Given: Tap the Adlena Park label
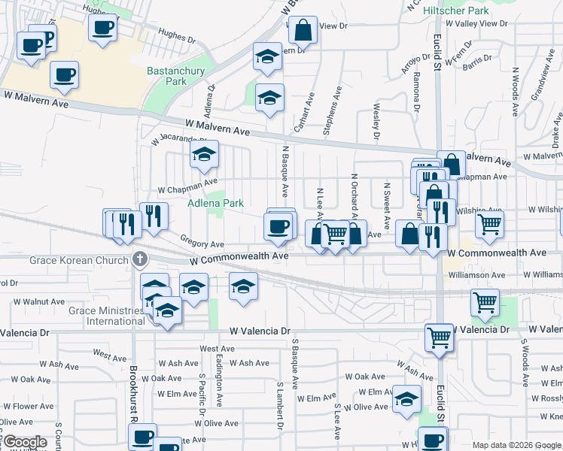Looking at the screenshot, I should click(x=215, y=203).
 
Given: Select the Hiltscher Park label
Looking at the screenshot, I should click(x=456, y=11).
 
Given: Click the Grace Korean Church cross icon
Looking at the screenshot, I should click(x=138, y=260).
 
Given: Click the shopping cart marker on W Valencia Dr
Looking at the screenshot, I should click(x=439, y=336).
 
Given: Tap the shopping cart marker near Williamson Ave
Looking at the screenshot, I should click(x=485, y=301).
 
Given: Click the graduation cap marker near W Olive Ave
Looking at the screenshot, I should click(x=406, y=398).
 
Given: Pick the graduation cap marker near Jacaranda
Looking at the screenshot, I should click(x=203, y=154).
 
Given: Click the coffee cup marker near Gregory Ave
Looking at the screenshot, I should click(x=278, y=225).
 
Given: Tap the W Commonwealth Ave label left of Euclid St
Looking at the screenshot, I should click(x=239, y=257).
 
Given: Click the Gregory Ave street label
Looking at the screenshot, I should click(x=202, y=244).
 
